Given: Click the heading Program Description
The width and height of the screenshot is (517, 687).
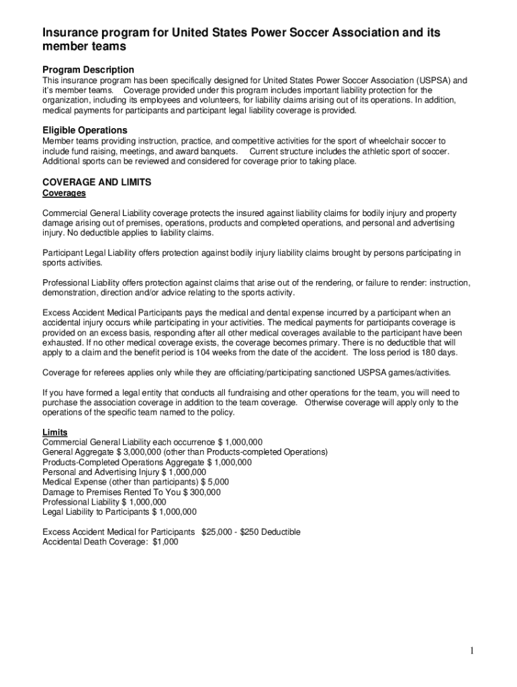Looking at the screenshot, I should tap(88, 70).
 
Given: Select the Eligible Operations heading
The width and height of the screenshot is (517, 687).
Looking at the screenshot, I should tap(85, 130).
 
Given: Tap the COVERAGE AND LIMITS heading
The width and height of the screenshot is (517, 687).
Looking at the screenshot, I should tap(97, 182).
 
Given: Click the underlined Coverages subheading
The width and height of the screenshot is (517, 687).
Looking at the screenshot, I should tap(64, 193).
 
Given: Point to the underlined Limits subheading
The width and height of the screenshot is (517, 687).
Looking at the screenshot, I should tap(54, 432).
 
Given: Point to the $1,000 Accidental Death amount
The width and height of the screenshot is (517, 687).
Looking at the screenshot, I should tap(165, 542).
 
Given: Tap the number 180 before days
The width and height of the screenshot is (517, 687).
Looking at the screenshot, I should tap(416, 352).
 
